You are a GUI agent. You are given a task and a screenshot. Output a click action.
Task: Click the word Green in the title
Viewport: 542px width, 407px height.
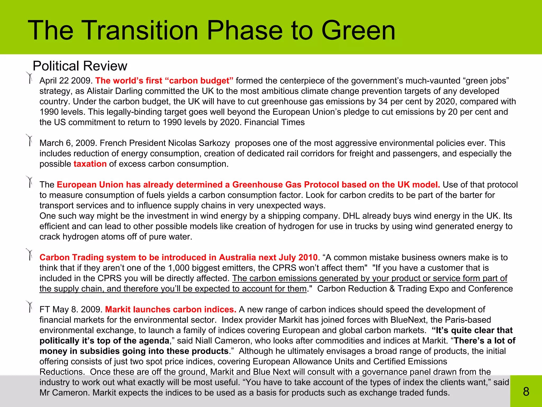pos(358,31)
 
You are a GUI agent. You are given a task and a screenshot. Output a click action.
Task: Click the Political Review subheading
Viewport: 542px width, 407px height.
pos(80,66)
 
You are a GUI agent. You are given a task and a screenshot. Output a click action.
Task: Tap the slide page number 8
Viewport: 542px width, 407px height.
pos(526,391)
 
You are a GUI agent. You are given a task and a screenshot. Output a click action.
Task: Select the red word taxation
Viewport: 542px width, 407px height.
pos(90,164)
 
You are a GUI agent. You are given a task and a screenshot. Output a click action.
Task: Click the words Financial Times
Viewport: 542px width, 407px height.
pos(274,122)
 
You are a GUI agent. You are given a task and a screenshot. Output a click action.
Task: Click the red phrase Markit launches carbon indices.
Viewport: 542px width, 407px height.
pos(171,309)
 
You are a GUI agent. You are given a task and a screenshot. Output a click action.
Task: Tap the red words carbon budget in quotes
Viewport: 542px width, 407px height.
pos(201,81)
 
